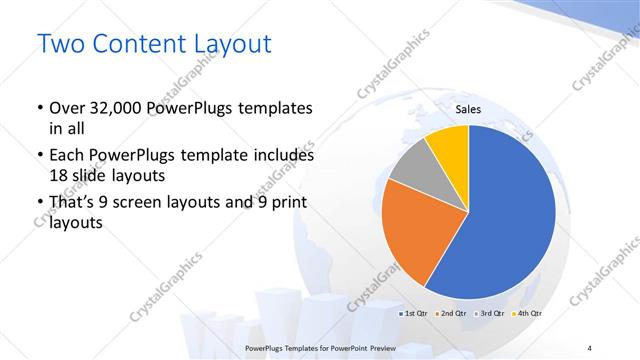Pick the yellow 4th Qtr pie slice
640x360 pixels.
coord(449,148)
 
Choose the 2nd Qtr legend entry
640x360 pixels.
coord(451,314)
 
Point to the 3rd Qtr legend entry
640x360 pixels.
coord(490,314)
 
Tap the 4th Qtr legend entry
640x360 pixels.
coord(528,314)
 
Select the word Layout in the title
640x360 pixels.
coord(229,45)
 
